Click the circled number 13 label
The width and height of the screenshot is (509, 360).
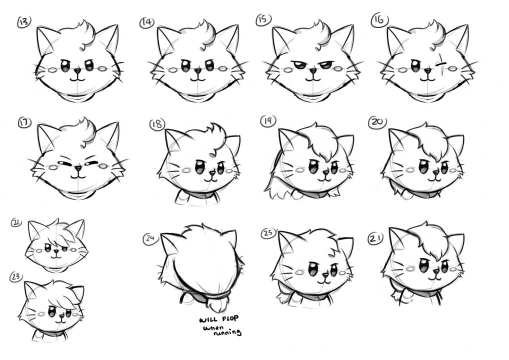click(24, 22)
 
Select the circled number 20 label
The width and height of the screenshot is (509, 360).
click(377, 122)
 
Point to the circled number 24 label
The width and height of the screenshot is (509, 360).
click(149, 238)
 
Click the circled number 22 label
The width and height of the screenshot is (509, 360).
click(16, 222)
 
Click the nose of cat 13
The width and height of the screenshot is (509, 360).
click(77, 70)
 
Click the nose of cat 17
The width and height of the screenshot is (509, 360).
click(78, 168)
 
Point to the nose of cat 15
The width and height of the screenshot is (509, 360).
click(313, 70)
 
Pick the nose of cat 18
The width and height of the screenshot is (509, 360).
click(212, 172)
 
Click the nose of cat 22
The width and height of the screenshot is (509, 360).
click(56, 251)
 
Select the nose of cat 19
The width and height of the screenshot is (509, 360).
click(325, 172)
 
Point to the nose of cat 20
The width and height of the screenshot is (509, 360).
click(435, 172)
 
